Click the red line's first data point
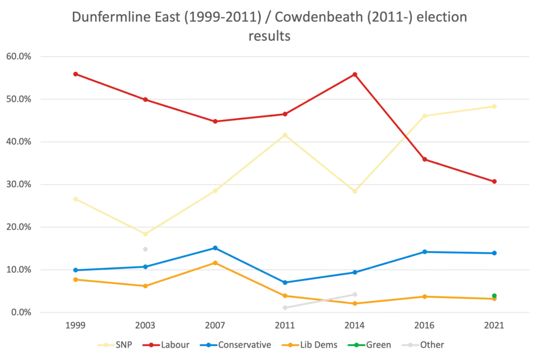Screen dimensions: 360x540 coord(75,74)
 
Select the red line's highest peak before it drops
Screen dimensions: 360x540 coord(354,73)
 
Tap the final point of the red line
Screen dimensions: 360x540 coord(494,181)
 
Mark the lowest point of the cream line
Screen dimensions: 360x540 coord(145,234)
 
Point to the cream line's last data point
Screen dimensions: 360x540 coord(496,106)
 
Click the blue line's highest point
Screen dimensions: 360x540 coord(215,247)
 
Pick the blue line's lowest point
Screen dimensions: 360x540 coord(285,282)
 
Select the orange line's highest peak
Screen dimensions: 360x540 coord(215,262)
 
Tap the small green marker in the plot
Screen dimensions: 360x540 coord(494,295)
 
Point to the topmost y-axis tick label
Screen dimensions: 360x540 coord(17,56)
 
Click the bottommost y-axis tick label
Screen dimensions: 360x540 coord(17,312)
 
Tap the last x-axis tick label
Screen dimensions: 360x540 coord(495,326)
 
